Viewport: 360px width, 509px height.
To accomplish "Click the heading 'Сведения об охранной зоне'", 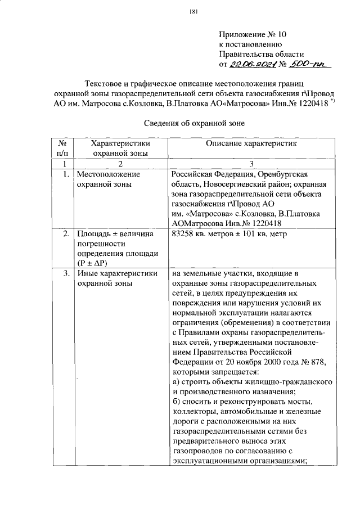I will coord(193,123).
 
